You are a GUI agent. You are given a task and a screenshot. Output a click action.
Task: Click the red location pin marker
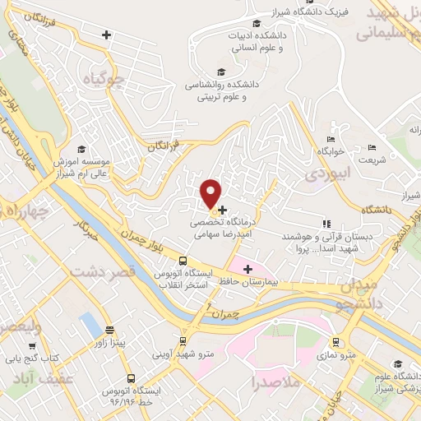212,193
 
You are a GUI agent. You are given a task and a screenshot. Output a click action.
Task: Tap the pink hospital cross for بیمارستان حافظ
247,268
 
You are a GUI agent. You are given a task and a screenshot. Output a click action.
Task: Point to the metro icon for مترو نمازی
335,341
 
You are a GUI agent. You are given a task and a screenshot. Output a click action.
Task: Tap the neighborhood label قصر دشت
103,271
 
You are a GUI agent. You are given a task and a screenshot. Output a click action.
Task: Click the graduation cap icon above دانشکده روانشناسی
219,72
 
